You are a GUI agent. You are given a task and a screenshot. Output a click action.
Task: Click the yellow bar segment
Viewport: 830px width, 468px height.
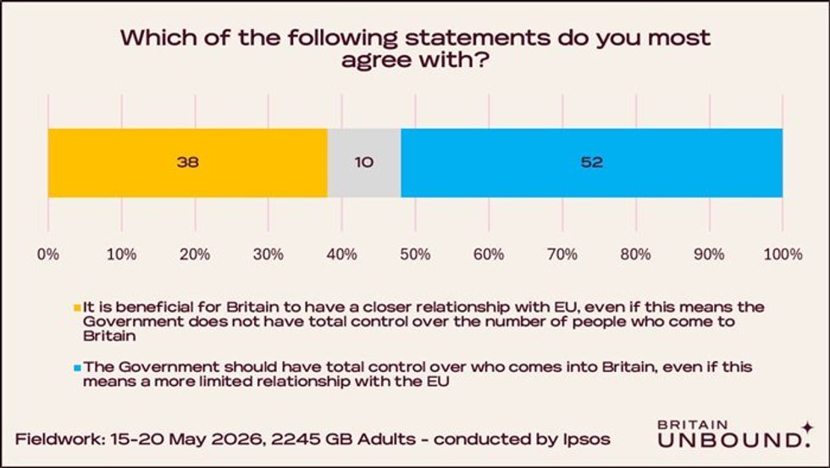tap(187, 163)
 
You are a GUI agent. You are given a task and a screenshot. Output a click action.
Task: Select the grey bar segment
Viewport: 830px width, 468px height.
tap(364, 163)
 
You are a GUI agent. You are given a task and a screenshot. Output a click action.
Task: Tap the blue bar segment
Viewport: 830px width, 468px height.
tap(592, 163)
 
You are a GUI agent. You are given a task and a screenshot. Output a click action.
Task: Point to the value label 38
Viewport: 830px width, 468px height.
tap(188, 162)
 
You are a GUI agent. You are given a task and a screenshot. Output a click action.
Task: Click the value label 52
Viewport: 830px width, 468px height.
tap(592, 162)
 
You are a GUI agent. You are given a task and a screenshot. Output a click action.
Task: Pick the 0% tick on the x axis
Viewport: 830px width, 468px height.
tap(48, 254)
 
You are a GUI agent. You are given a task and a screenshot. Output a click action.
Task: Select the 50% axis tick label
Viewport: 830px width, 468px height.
tap(416, 254)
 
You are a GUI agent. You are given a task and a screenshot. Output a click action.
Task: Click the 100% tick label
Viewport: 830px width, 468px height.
tap(783, 254)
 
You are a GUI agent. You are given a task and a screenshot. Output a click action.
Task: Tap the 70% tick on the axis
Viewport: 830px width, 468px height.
tap(562, 254)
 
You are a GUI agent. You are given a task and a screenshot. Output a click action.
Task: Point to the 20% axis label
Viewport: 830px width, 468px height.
tap(195, 254)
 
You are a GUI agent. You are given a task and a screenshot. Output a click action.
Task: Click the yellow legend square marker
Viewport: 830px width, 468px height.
tap(77, 308)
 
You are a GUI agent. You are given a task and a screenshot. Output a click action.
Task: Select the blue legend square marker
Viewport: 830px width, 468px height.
tap(77, 367)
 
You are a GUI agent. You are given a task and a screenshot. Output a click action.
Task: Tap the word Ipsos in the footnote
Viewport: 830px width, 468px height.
tap(586, 440)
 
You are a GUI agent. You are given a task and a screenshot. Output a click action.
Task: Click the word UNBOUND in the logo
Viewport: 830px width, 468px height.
tap(729, 440)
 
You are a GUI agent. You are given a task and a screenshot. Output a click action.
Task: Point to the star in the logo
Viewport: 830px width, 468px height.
tap(807, 427)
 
